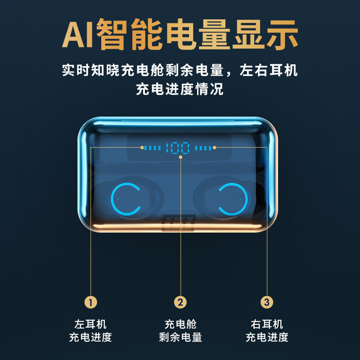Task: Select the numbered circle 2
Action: (x=180, y=302)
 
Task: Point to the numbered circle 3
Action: (x=267, y=302)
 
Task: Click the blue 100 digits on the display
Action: (x=178, y=147)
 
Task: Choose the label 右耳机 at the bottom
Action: (x=267, y=324)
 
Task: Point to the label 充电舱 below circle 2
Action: (x=180, y=324)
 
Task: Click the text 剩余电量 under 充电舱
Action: (x=180, y=337)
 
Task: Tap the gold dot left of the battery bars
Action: (x=142, y=147)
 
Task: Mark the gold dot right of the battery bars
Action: (x=215, y=147)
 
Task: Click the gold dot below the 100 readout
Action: (x=180, y=157)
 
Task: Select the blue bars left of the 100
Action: (x=153, y=147)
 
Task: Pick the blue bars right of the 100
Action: (x=203, y=147)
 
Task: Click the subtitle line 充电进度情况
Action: (x=180, y=89)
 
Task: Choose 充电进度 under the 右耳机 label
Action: (x=267, y=337)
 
